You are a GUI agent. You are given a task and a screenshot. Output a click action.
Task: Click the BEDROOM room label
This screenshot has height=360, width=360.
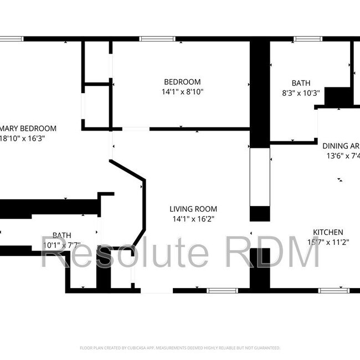(182, 82)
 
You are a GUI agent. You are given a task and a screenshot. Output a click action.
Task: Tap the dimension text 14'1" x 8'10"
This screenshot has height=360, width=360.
(183, 92)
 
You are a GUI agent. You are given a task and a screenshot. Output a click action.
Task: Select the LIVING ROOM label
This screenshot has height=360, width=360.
(193, 209)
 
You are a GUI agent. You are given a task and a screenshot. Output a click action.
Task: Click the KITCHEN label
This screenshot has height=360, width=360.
(328, 232)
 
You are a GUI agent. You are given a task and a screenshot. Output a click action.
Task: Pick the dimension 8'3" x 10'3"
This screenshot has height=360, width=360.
(301, 94)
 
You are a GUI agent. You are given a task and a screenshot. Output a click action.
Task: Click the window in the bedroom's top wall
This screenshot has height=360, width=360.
(152, 39)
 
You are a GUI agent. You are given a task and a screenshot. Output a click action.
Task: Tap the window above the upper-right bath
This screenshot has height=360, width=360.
(307, 39)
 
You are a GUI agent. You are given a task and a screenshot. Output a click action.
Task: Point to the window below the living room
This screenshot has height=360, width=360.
(222, 290)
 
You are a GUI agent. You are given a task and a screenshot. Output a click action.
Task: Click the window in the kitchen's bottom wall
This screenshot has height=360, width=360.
(333, 290)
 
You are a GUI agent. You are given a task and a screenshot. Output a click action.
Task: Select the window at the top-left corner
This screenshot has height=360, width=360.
(11, 39)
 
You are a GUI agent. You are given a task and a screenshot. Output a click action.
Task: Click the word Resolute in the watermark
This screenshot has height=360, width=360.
(125, 253)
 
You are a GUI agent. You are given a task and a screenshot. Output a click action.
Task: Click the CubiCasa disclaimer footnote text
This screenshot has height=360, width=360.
(180, 348)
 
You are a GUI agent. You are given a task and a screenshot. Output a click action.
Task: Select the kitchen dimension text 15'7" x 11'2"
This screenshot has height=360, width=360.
(327, 242)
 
